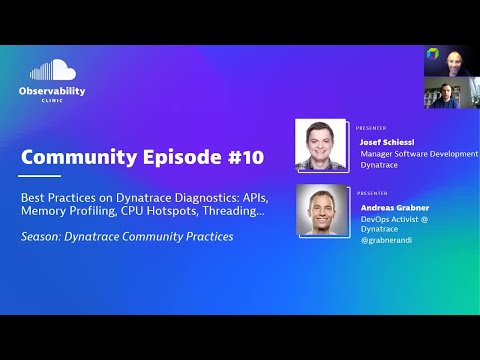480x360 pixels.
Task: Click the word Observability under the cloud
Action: [x=52, y=91]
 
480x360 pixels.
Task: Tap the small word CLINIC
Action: [x=52, y=101]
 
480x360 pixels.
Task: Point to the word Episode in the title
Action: [x=179, y=157]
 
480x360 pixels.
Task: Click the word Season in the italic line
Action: [x=41, y=236]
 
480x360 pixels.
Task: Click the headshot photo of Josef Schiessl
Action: [x=322, y=145]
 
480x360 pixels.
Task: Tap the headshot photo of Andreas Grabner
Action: [x=322, y=210]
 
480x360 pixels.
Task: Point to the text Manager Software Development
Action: [x=418, y=153]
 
